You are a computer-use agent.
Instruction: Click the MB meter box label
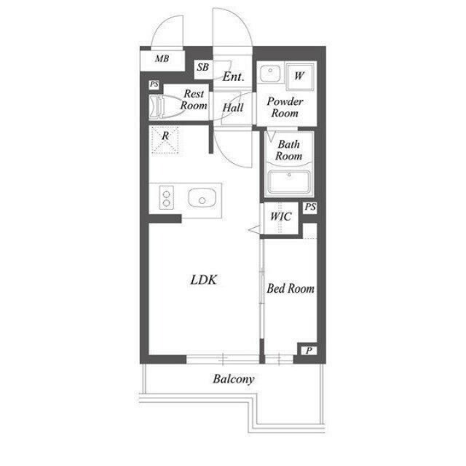(x=162, y=59)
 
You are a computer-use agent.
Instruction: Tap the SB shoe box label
(x=202, y=68)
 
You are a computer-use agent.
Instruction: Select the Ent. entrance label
(x=233, y=76)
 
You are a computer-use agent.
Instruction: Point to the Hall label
(x=233, y=108)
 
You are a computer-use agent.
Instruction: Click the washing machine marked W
(x=299, y=76)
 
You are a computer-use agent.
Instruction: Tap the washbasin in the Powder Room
(x=270, y=73)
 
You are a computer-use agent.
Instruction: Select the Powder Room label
(x=285, y=107)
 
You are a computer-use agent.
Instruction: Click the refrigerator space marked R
(x=165, y=140)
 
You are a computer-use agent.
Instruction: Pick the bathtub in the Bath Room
(x=289, y=182)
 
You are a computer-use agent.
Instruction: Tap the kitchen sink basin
(x=202, y=197)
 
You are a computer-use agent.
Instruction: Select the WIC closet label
(x=280, y=216)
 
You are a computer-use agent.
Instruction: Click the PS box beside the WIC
(x=310, y=207)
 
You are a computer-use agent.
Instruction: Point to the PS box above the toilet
(x=154, y=84)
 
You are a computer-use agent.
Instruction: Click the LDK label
(x=204, y=280)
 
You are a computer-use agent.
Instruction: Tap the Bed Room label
(x=291, y=288)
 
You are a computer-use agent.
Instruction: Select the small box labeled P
(x=309, y=351)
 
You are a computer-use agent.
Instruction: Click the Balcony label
(x=234, y=379)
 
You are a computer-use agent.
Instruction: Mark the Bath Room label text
(x=288, y=150)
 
